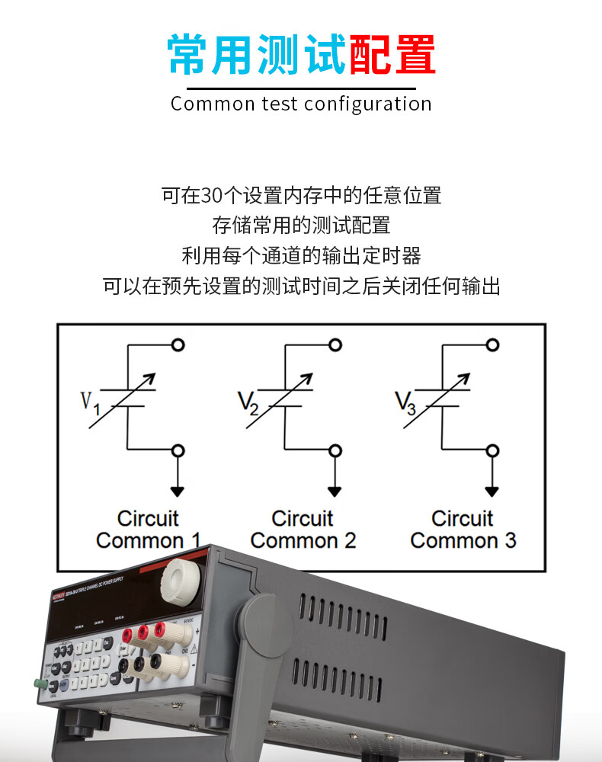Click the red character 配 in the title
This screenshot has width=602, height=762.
[x=370, y=55]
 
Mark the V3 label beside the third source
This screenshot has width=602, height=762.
[x=405, y=401]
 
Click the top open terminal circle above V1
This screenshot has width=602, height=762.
[x=178, y=345]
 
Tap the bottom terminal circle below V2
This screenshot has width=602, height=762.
[x=335, y=450]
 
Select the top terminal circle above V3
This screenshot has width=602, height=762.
[x=492, y=345]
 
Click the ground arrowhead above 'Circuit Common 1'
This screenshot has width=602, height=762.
[x=178, y=491]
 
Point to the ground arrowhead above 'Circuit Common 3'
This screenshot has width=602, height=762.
[x=492, y=491]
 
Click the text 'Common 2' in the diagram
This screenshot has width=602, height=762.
[x=303, y=541]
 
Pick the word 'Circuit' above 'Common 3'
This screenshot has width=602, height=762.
[x=463, y=519]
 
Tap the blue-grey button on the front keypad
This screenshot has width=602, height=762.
[x=64, y=684]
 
